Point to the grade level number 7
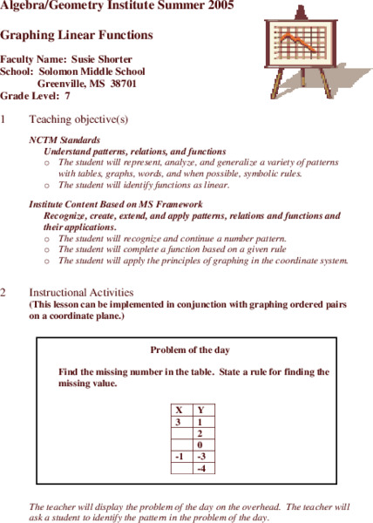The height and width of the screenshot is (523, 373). (66, 96)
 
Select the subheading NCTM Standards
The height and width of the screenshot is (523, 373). (64, 139)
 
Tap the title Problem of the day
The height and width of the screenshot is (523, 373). (190, 350)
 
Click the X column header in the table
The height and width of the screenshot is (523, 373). (179, 410)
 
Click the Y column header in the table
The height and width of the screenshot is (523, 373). (201, 410)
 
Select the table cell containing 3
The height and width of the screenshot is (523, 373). (179, 421)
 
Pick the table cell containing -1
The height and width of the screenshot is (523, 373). (179, 456)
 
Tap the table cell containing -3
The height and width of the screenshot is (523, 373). (201, 456)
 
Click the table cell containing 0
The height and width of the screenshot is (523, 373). (201, 445)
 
